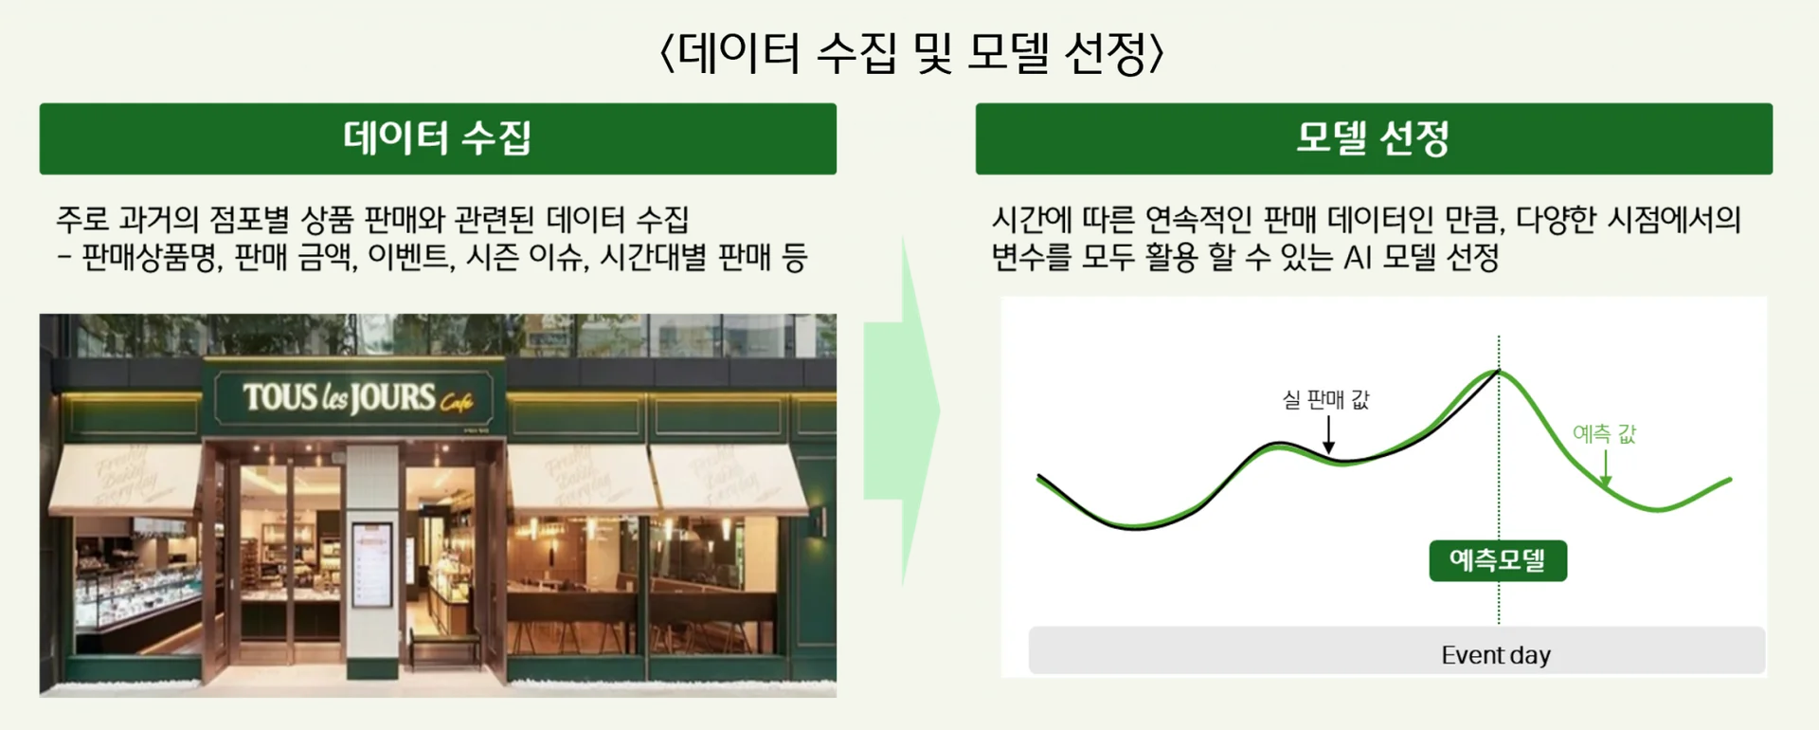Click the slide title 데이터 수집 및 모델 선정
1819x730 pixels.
click(x=910, y=52)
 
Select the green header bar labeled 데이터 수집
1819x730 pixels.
click(x=438, y=138)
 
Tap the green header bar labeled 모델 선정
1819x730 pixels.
click(x=1374, y=138)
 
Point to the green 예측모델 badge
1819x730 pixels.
click(x=1498, y=560)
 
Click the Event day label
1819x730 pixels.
click(x=1496, y=655)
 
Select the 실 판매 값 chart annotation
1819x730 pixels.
click(x=1325, y=400)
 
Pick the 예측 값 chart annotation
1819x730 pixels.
click(x=1604, y=434)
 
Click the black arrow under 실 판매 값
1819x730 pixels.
click(x=1328, y=435)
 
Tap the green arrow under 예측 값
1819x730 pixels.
click(x=1606, y=468)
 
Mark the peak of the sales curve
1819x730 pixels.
click(x=1498, y=370)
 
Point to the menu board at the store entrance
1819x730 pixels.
click(x=371, y=563)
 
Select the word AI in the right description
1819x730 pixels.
click(x=1358, y=257)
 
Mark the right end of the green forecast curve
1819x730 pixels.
click(x=1730, y=480)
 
